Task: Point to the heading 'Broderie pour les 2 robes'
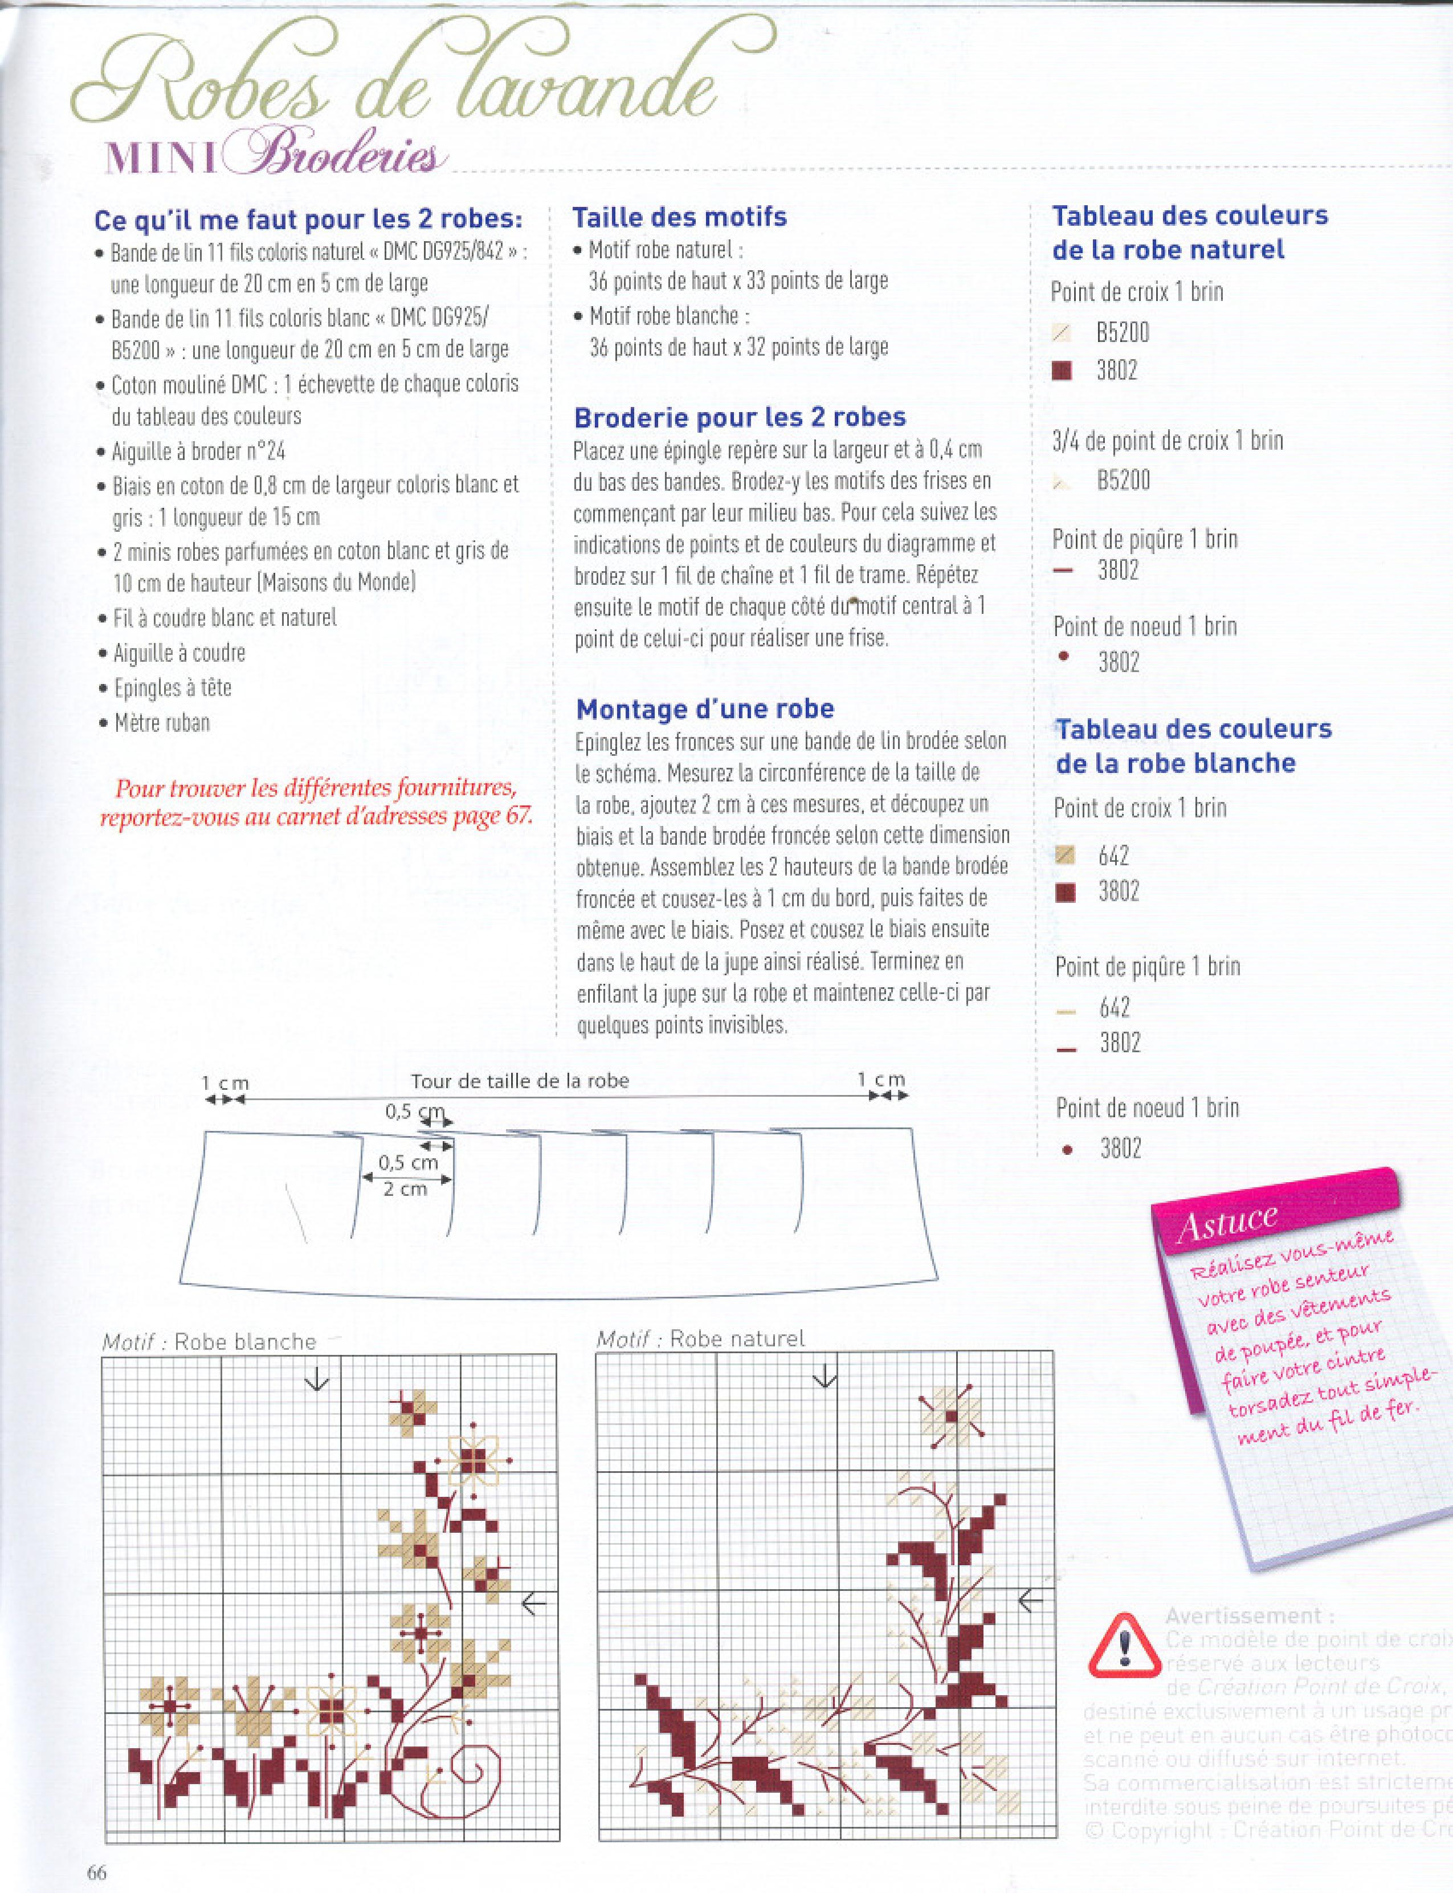[740, 417]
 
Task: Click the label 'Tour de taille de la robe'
[520, 1081]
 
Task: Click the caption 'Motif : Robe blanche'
[209, 1342]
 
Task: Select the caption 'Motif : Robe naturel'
[700, 1338]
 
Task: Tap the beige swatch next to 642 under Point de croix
[1066, 856]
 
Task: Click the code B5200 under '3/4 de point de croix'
[1124, 480]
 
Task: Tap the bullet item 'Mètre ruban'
[162, 722]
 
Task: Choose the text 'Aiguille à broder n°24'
[199, 451]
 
